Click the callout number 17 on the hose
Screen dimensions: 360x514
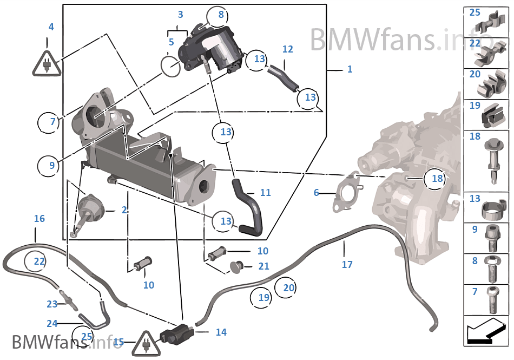347,264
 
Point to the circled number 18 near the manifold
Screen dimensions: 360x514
437,178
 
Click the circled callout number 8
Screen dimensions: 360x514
221,15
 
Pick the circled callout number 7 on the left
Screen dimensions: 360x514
52,122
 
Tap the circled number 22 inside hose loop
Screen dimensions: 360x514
39,261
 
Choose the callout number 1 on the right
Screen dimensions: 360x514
350,69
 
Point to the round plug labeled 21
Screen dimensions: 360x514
236,266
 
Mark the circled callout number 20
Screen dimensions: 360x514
289,288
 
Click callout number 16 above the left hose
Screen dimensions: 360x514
39,219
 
